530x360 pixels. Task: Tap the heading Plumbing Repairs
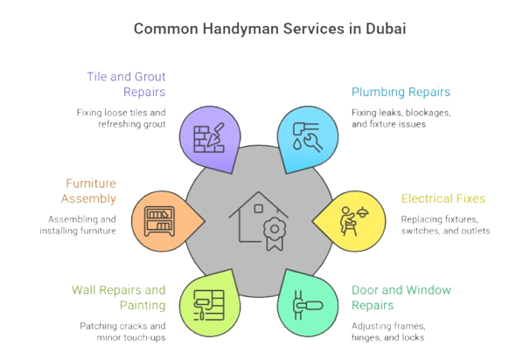pyautogui.click(x=401, y=91)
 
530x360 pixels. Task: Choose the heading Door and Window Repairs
pyautogui.click(x=400, y=297)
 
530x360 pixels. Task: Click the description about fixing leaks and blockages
pyautogui.click(x=401, y=118)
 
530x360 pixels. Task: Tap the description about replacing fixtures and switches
pyautogui.click(x=445, y=225)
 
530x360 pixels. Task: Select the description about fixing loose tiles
pyautogui.click(x=120, y=118)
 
